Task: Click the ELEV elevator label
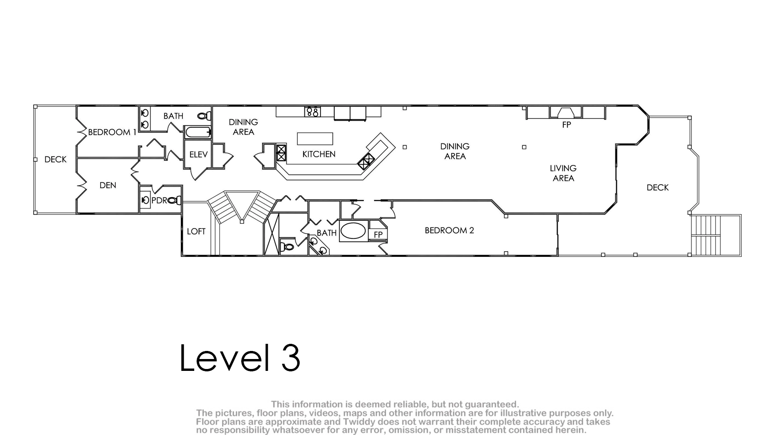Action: coord(198,154)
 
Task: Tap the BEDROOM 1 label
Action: coord(112,132)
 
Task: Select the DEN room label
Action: coord(108,186)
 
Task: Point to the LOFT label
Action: coord(196,232)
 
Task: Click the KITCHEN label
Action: coord(319,154)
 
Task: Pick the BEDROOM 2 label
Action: coord(449,230)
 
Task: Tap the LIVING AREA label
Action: coord(563,173)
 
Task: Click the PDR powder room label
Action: coord(160,200)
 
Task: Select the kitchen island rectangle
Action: coord(315,139)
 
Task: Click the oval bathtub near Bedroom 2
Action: coord(353,231)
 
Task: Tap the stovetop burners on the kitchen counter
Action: coord(312,112)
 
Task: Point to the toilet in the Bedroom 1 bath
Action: coord(204,116)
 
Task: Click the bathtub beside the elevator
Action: coord(198,132)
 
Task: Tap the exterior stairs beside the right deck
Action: coord(716,236)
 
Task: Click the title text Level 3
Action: coord(240,358)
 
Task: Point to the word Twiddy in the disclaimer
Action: coord(359,422)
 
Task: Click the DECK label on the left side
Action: coord(56,160)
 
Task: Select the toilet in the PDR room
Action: coord(175,200)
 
